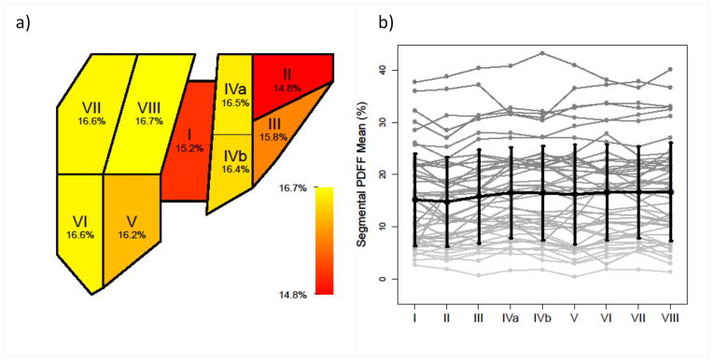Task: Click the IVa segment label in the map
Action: tap(235, 88)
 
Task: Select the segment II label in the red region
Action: tap(289, 73)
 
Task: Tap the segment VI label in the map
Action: tap(79, 221)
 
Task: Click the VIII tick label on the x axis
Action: tap(670, 318)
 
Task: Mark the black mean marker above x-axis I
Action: tap(414, 200)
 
